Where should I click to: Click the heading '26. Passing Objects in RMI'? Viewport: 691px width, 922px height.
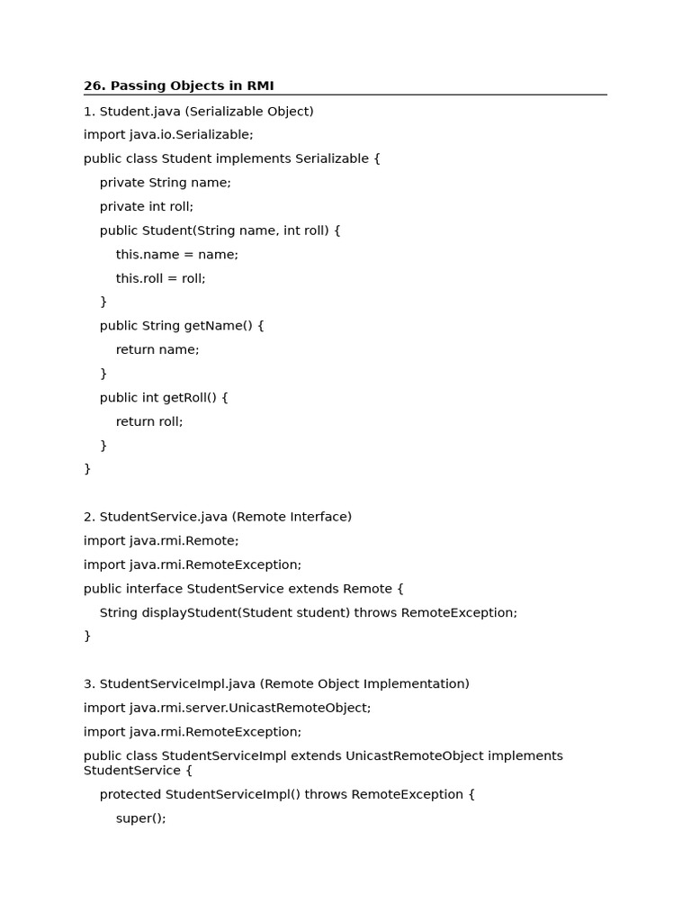tap(179, 86)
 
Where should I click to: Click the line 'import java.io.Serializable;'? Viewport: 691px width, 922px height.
tap(168, 135)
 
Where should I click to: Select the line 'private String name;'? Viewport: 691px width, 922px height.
tap(166, 183)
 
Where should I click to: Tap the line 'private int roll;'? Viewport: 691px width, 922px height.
tap(147, 206)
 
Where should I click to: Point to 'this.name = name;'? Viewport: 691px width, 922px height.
tap(177, 255)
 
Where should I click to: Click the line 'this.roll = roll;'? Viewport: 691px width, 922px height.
tap(161, 278)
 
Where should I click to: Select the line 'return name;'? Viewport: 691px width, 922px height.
tap(157, 349)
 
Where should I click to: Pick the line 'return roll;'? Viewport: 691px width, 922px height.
tap(149, 421)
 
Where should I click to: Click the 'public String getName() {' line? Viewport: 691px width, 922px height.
tap(182, 326)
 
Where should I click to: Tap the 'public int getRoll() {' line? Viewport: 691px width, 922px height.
tap(164, 397)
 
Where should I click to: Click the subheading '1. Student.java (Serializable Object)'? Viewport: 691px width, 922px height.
tap(199, 112)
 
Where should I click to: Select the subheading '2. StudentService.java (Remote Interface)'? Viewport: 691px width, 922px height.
tap(218, 517)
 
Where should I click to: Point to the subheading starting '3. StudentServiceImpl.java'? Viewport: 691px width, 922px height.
tap(276, 684)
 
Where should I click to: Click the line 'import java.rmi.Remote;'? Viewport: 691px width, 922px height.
tap(161, 541)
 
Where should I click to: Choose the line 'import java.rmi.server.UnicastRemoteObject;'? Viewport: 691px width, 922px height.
tap(227, 708)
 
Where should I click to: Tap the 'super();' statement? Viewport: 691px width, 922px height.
tap(141, 818)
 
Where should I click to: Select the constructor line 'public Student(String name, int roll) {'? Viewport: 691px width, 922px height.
tap(220, 230)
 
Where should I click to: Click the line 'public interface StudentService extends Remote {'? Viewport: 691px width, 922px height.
tap(244, 589)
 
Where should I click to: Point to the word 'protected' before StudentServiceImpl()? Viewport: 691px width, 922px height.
tap(130, 795)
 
